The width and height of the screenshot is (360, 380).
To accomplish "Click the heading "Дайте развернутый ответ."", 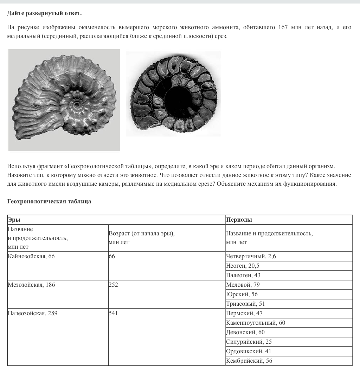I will [x=44, y=13].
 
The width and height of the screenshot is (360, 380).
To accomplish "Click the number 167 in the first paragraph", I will [x=283, y=27].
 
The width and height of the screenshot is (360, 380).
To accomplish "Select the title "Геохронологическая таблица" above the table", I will [x=49, y=202].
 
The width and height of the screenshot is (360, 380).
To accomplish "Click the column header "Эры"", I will [x=14, y=220].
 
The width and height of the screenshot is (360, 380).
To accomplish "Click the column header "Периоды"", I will [x=239, y=220].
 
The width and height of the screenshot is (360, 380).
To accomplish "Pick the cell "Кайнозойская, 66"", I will [x=31, y=256].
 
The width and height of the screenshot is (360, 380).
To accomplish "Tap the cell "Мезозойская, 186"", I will [x=31, y=285].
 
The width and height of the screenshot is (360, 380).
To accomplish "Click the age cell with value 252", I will [x=114, y=285].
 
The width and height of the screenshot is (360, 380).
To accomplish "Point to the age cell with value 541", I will [x=114, y=313].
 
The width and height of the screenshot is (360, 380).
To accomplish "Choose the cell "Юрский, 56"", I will [x=242, y=294].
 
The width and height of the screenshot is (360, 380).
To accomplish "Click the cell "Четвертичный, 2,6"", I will [x=251, y=256].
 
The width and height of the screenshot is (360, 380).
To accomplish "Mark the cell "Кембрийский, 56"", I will [x=249, y=361].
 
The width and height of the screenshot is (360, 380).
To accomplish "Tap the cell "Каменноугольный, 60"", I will [x=256, y=323].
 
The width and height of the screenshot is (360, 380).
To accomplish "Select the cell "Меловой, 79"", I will [x=243, y=285].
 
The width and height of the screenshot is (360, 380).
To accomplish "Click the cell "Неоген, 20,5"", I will [x=243, y=266].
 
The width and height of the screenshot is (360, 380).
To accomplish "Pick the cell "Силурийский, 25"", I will [x=249, y=342].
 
